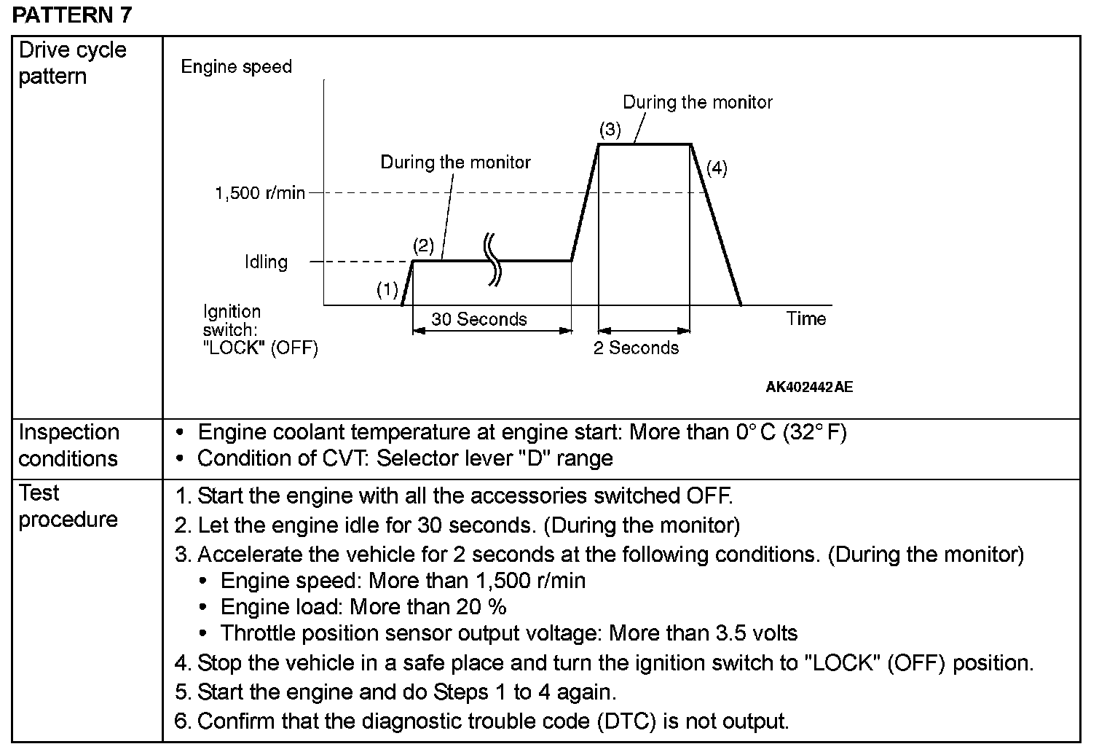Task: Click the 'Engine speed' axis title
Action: coord(236,67)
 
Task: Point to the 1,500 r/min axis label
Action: coord(259,193)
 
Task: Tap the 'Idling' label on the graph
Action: coord(266,262)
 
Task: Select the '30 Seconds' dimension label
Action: coord(478,319)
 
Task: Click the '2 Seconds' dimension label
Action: coord(636,348)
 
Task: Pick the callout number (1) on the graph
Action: coord(387,290)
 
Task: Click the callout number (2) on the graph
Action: coord(423,245)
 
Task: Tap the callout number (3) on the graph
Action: coord(610,130)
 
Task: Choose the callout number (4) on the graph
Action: coord(717,168)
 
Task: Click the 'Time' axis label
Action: coord(805,318)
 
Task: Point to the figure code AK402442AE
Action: coord(808,387)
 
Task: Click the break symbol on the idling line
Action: coord(494,259)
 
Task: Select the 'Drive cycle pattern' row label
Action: coord(72,63)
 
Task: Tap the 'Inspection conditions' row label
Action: coord(68,445)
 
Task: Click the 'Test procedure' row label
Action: coord(68,506)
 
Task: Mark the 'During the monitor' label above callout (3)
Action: coord(697,102)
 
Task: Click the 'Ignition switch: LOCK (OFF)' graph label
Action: coord(260,330)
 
